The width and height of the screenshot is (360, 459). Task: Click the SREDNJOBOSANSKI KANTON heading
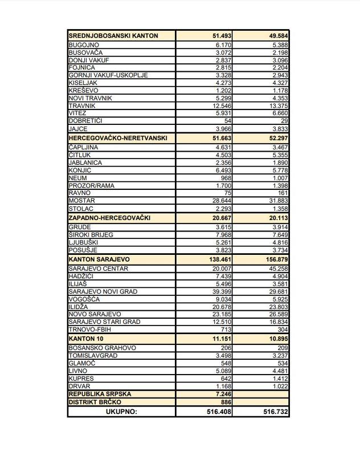point(113,35)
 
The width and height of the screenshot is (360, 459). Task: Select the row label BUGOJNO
point(84,44)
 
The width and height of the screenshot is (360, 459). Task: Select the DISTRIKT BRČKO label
point(97,402)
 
